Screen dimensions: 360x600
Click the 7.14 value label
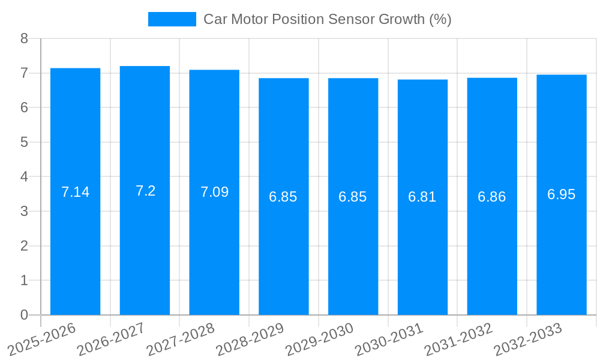tap(75, 192)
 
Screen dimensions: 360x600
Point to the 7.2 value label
tap(145, 191)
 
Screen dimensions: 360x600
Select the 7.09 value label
tap(214, 192)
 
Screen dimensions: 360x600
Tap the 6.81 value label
tap(422, 197)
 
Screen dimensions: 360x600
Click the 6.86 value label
tap(491, 197)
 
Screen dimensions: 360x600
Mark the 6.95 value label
tap(561, 194)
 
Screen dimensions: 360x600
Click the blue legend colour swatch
tap(172, 19)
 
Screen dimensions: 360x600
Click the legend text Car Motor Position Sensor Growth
tap(327, 19)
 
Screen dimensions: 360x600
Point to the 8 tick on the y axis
tap(24, 38)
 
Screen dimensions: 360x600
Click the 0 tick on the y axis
tap(24, 315)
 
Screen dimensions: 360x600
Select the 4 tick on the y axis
tap(24, 177)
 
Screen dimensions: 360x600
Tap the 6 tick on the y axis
tap(24, 108)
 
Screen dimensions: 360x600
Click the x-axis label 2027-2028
tap(181, 340)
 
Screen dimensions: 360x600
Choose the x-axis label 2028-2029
tap(250, 340)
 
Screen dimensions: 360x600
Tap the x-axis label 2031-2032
tap(458, 340)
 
